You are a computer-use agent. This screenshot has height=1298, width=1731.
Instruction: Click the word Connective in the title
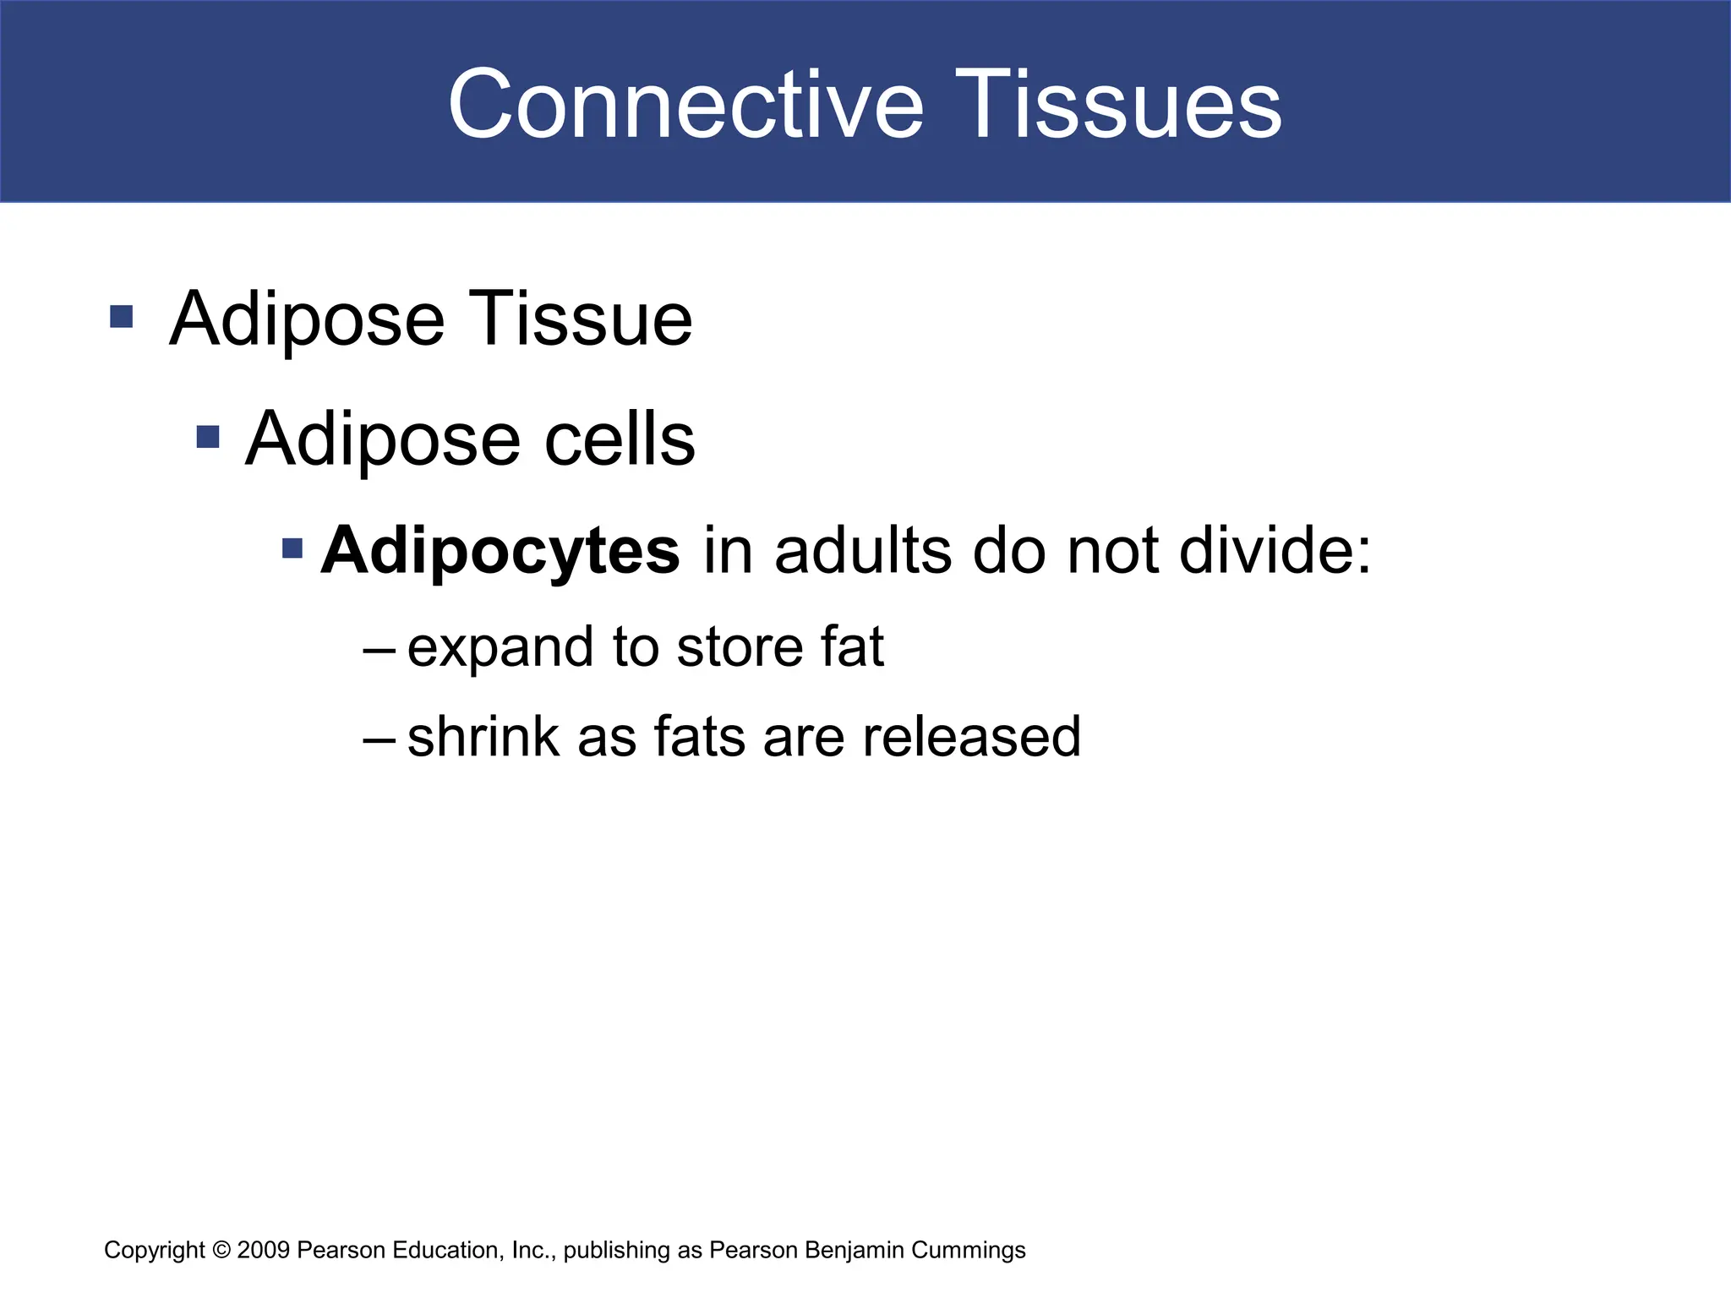pos(685,105)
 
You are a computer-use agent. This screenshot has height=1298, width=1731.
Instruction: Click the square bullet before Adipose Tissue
pos(122,317)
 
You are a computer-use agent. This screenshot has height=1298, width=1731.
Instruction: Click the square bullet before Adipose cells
pos(208,437)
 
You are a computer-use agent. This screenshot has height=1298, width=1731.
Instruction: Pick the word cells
pos(620,439)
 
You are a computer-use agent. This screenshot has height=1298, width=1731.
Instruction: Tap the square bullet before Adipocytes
pos(292,548)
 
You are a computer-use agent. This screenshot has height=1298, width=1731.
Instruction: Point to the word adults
pos(865,551)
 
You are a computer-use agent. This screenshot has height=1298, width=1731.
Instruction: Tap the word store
pos(740,647)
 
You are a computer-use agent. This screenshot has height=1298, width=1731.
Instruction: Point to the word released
pos(971,737)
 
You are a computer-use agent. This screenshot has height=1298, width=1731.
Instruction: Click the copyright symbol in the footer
pos(221,1250)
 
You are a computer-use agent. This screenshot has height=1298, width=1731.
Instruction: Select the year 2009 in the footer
pos(264,1250)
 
